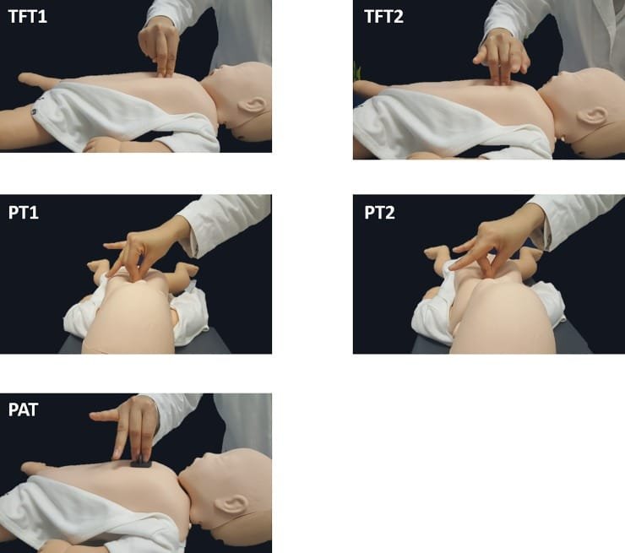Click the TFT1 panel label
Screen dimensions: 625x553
coord(28,17)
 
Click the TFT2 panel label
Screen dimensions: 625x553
coord(383,17)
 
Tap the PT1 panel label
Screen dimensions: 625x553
coord(24,213)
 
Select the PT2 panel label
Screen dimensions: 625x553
coord(379,213)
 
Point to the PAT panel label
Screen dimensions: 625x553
coord(23,409)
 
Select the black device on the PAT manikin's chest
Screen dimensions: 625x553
coord(140,463)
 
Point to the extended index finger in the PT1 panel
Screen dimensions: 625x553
coord(117,246)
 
